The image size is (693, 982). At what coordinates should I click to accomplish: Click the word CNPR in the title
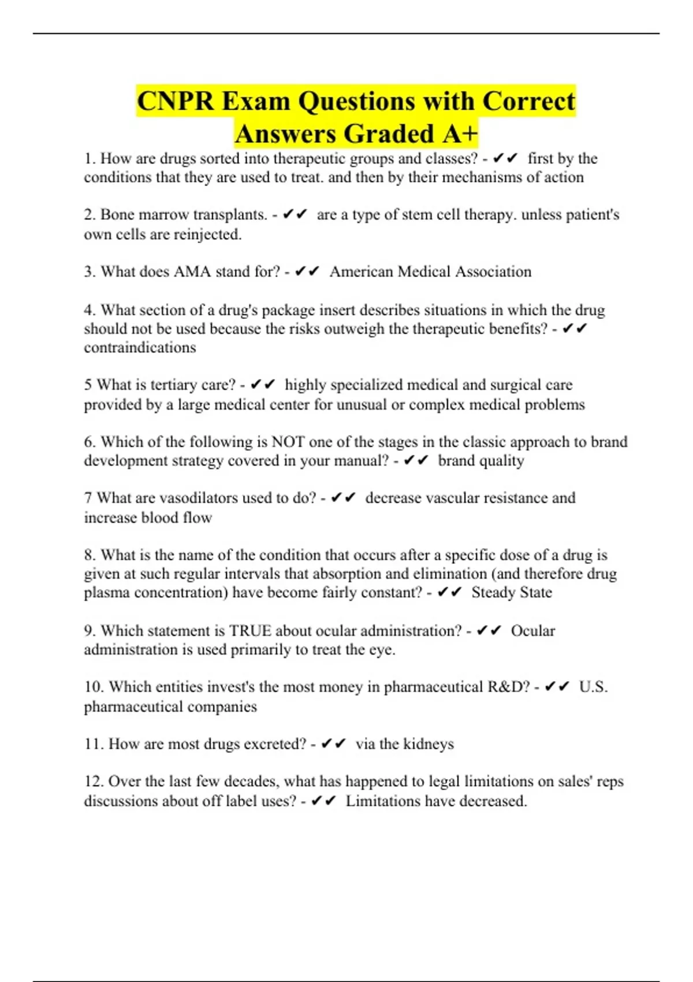coord(176,102)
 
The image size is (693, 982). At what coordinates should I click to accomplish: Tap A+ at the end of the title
coord(460,134)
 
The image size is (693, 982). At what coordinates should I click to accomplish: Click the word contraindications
coord(140,348)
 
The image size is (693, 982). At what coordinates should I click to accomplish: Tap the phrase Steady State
coord(512,593)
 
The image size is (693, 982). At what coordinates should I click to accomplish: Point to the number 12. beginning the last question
coord(94,782)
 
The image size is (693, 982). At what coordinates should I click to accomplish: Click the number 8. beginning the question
coord(90,555)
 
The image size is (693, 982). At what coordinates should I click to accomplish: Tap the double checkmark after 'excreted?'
coord(333,744)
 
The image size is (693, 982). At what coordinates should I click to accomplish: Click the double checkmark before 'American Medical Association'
coord(307,271)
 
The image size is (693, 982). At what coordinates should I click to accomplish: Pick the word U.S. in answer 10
coord(593,687)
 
